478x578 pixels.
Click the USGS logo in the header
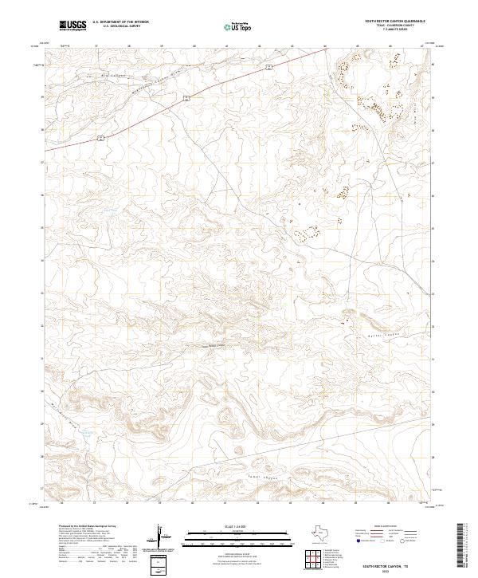72,26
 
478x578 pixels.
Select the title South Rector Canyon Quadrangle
394,21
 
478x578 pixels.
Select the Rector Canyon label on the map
206,344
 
